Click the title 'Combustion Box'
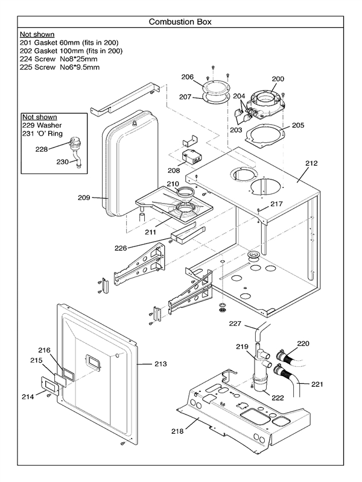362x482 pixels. click(180, 22)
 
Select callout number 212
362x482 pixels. click(311, 163)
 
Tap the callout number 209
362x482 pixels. click(84, 197)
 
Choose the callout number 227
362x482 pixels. click(235, 324)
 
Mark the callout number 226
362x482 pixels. click(121, 246)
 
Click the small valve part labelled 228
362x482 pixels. click(74, 145)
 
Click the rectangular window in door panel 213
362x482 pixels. click(94, 360)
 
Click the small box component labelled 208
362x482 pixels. click(192, 158)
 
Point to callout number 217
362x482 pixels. click(276, 204)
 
